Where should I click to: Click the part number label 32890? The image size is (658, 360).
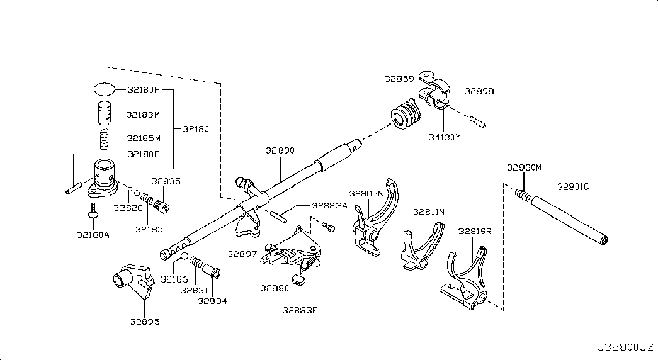[x=280, y=150]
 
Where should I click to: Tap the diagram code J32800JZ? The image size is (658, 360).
[x=626, y=347]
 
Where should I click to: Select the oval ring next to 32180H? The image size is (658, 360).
[x=104, y=89]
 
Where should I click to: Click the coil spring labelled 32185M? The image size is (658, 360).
[x=104, y=139]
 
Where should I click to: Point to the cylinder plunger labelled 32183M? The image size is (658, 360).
[x=105, y=113]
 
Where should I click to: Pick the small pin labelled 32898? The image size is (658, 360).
[x=479, y=121]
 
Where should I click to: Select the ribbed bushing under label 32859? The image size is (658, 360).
[x=406, y=113]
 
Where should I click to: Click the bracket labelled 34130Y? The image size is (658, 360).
[x=434, y=90]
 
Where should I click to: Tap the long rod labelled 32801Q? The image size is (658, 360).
[x=569, y=221]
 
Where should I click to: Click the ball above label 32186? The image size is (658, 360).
[x=184, y=256]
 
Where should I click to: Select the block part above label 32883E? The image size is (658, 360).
[x=298, y=280]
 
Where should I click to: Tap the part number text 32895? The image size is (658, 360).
[x=145, y=322]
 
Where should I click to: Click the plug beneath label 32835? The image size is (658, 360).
[x=161, y=206]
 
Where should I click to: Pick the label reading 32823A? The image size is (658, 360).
[x=329, y=206]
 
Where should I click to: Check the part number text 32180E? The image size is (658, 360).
[x=144, y=154]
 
